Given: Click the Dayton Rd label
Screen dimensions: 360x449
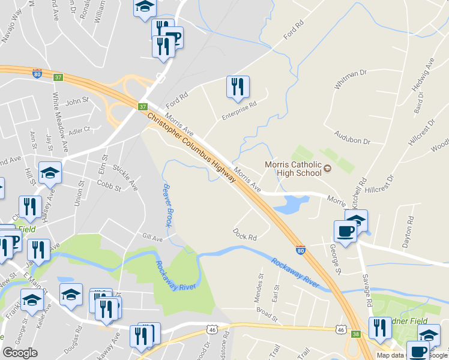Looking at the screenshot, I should (410, 229).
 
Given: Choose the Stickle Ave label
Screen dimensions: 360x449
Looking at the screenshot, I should (125, 179).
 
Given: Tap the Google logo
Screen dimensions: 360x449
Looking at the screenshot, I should (20, 353).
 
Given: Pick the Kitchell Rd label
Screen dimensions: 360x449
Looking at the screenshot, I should (363, 185).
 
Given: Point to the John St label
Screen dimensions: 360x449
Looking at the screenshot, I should (77, 102).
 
